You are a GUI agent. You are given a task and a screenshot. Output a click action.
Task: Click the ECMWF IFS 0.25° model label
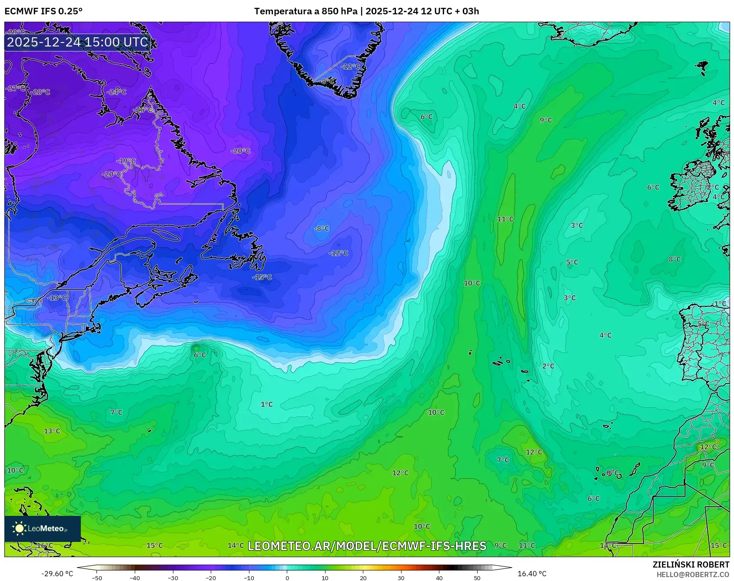43,11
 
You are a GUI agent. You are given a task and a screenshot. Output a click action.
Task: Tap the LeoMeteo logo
42,528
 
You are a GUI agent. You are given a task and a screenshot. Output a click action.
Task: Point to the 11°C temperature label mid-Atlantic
505,219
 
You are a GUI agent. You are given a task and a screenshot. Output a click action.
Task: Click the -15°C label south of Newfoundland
262,277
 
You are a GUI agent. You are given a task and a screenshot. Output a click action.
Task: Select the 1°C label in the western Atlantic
266,404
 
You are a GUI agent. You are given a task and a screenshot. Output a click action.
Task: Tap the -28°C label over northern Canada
41,92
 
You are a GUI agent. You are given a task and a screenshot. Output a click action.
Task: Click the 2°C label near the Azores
548,366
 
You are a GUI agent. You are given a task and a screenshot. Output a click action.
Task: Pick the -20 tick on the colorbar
211,578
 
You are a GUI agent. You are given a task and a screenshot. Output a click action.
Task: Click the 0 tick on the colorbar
287,578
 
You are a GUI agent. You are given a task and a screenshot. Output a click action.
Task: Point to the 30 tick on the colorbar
401,578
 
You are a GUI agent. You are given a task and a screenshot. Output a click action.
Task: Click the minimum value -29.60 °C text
57,574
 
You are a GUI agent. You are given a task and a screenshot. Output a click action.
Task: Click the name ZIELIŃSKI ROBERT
691,564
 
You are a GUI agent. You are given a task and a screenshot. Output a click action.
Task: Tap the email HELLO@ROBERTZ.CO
692,574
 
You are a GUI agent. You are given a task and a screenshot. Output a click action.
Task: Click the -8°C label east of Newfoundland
322,228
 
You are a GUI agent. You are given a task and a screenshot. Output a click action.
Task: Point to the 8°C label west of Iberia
674,259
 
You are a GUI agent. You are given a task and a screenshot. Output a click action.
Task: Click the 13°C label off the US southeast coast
52,431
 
